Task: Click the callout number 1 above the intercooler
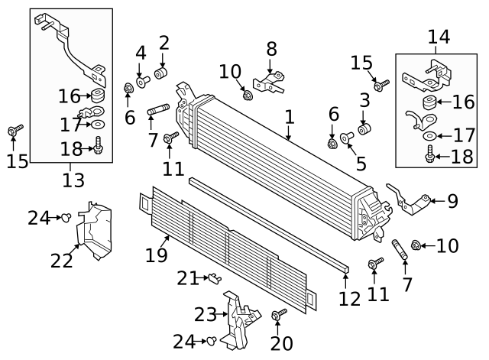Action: (289, 117)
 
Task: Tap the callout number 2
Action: (164, 43)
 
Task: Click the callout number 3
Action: (364, 99)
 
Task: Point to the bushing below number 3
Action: (364, 128)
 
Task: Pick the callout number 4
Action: (141, 54)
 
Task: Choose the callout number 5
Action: (361, 163)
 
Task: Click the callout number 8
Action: (271, 50)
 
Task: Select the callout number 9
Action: (452, 202)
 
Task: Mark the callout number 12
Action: (350, 298)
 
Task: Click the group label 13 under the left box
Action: (73, 180)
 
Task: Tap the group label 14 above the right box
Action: (439, 36)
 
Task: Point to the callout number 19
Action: (156, 255)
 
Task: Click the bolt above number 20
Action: (277, 314)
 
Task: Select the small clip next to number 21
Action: (215, 278)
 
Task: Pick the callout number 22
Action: (62, 261)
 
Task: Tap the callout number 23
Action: (206, 314)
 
